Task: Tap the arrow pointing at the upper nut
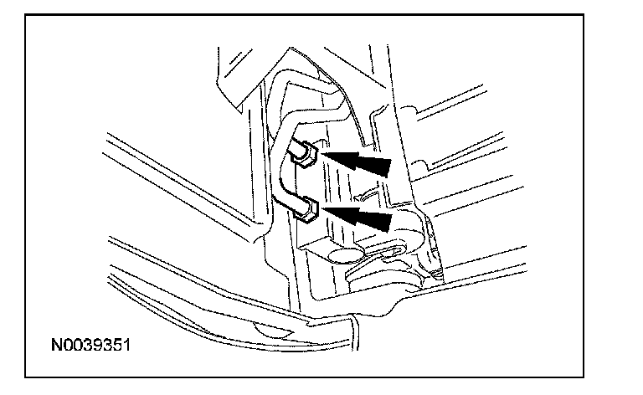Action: tap(358, 161)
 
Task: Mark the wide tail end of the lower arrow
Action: tap(387, 222)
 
